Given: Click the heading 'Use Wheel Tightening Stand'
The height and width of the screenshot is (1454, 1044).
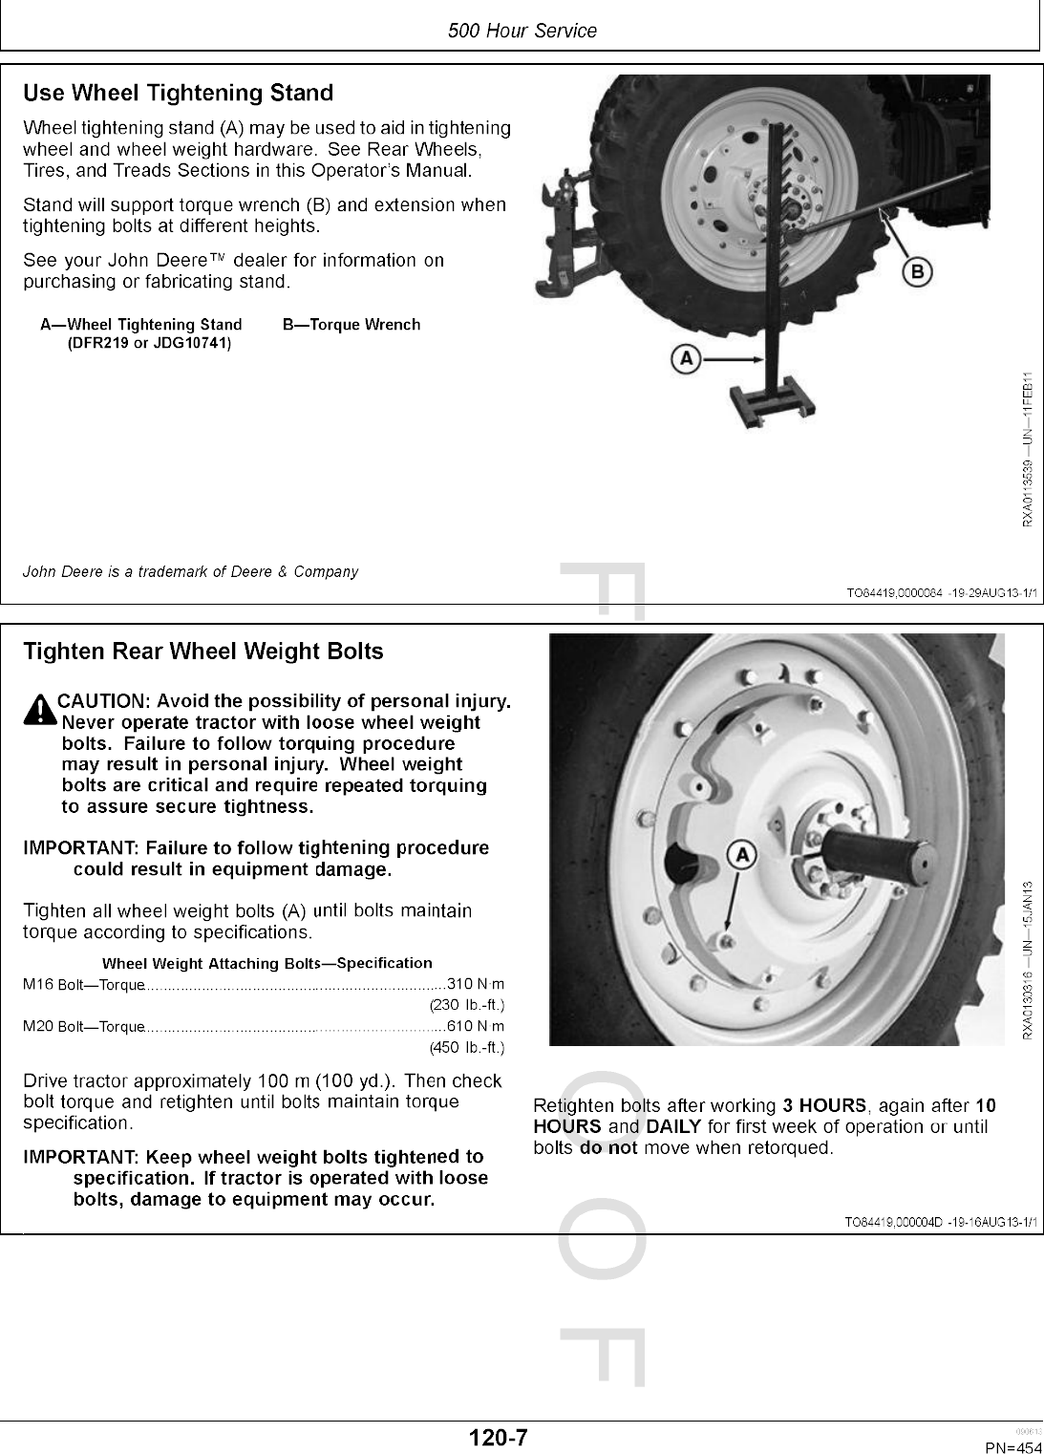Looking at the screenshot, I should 178,94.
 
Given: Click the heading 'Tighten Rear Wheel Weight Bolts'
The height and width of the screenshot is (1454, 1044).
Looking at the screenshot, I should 202,652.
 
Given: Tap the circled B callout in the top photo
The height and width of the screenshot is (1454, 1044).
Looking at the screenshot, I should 918,272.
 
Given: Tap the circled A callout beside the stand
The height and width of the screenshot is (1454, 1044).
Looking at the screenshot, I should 685,360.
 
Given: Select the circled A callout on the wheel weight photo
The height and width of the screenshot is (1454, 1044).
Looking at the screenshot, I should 742,853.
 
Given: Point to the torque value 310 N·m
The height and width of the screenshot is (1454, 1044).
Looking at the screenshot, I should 476,984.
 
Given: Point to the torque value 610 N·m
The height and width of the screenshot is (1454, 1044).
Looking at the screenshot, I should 476,1026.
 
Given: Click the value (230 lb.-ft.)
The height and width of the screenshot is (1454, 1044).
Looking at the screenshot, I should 467,1005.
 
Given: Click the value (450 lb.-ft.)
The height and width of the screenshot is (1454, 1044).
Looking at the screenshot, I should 467,1047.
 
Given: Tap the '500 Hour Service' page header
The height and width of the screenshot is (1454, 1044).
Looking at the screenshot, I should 522,31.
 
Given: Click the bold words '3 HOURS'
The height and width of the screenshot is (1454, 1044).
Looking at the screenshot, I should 824,1106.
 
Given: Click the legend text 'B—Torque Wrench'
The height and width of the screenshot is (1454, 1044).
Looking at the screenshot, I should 352,325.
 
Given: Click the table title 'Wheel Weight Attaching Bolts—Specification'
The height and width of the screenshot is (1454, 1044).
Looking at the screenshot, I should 266,963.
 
